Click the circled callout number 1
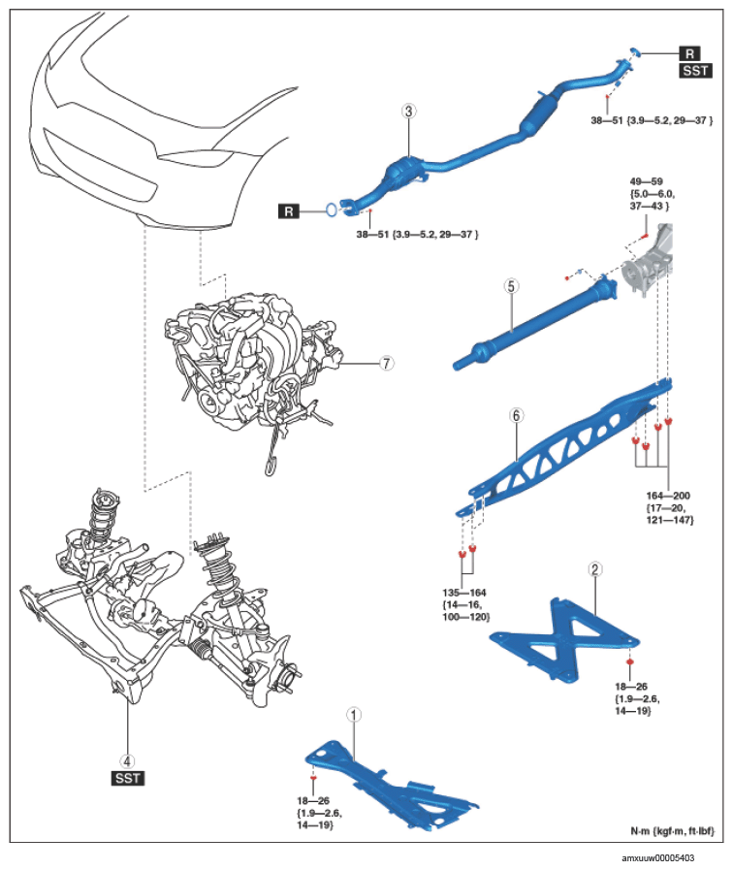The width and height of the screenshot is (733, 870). coord(354,715)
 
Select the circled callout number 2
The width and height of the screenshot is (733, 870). coord(595,569)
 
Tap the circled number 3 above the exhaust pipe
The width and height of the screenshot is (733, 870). coord(408,111)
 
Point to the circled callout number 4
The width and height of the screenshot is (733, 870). coord(128,761)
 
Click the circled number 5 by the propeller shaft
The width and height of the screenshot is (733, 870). coord(511,286)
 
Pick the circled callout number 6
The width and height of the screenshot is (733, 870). coord(516,415)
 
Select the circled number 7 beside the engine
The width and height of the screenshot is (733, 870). coord(387,364)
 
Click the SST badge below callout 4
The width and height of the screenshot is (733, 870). coord(128,778)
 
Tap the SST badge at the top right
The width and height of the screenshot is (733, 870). coord(696,71)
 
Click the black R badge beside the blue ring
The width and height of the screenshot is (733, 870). coord(289,211)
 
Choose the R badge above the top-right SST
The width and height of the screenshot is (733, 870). coord(689,53)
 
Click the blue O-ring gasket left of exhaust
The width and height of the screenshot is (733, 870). coord(331,209)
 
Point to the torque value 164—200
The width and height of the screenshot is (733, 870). coord(668,496)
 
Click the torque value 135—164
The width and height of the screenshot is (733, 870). coord(464,593)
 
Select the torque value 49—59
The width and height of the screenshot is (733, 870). coord(647,181)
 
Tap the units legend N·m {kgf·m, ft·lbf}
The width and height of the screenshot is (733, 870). coord(673,831)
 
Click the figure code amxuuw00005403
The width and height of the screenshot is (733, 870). coord(657,857)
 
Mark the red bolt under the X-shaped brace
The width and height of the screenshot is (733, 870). coord(630,661)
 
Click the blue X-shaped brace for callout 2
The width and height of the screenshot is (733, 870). coord(565,641)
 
